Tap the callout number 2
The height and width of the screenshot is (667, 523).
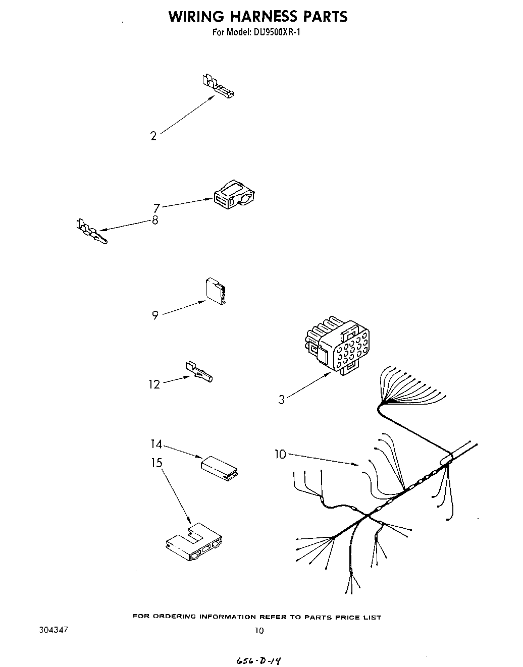(153, 136)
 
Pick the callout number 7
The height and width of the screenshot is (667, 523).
(156, 208)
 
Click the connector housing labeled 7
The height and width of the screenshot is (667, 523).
(233, 195)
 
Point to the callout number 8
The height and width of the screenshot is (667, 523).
(155, 220)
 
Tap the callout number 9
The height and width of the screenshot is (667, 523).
(155, 315)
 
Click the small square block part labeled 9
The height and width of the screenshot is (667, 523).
(216, 292)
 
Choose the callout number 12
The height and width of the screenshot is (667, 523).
(154, 384)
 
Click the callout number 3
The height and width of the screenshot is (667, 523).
(281, 400)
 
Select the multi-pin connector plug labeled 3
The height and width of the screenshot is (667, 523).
(336, 347)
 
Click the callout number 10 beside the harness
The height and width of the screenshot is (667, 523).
(280, 455)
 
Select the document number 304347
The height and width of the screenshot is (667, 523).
(53, 630)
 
